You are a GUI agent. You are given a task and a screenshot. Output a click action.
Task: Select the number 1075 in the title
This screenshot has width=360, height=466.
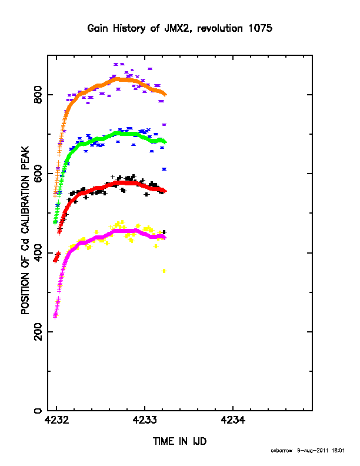[260, 28]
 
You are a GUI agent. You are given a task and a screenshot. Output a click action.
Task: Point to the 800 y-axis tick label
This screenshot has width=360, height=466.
[39, 95]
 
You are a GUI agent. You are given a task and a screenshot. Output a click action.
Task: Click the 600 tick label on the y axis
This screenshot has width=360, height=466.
[39, 174]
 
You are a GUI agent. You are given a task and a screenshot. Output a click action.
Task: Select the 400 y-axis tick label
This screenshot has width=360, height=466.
[39, 252]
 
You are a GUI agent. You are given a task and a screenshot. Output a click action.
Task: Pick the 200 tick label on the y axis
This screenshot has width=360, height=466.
[39, 332]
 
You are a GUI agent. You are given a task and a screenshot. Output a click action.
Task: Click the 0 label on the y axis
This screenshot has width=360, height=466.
[39, 411]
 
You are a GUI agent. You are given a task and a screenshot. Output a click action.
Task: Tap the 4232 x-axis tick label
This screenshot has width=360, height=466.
[56, 420]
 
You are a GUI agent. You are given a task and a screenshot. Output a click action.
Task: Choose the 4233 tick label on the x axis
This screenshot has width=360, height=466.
[145, 420]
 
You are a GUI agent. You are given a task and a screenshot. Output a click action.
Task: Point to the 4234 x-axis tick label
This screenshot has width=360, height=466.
[233, 420]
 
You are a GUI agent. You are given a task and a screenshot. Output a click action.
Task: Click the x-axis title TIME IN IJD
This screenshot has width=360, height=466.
[179, 441]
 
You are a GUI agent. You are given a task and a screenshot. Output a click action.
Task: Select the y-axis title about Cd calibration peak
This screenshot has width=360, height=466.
[25, 230]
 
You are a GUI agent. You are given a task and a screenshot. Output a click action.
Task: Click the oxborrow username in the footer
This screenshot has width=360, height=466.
[282, 451]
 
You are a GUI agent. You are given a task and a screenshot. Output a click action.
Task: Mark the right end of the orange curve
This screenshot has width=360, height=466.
[166, 95]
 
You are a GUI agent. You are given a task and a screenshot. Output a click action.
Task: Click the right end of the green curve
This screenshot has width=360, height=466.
[166, 142]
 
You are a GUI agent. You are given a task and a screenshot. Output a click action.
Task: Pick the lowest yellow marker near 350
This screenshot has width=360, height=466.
[164, 271]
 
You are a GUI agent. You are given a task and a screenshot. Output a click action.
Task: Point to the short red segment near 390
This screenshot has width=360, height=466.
[56, 257]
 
